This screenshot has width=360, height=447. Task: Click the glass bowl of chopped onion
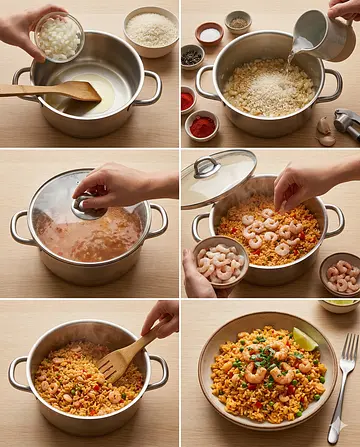click(x=59, y=38)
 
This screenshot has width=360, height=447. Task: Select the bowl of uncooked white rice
click(x=150, y=29)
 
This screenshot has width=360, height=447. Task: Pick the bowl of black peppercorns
click(x=191, y=57)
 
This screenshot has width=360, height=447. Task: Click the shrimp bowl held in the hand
click(x=219, y=264)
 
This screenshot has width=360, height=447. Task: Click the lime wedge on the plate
click(x=304, y=339)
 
